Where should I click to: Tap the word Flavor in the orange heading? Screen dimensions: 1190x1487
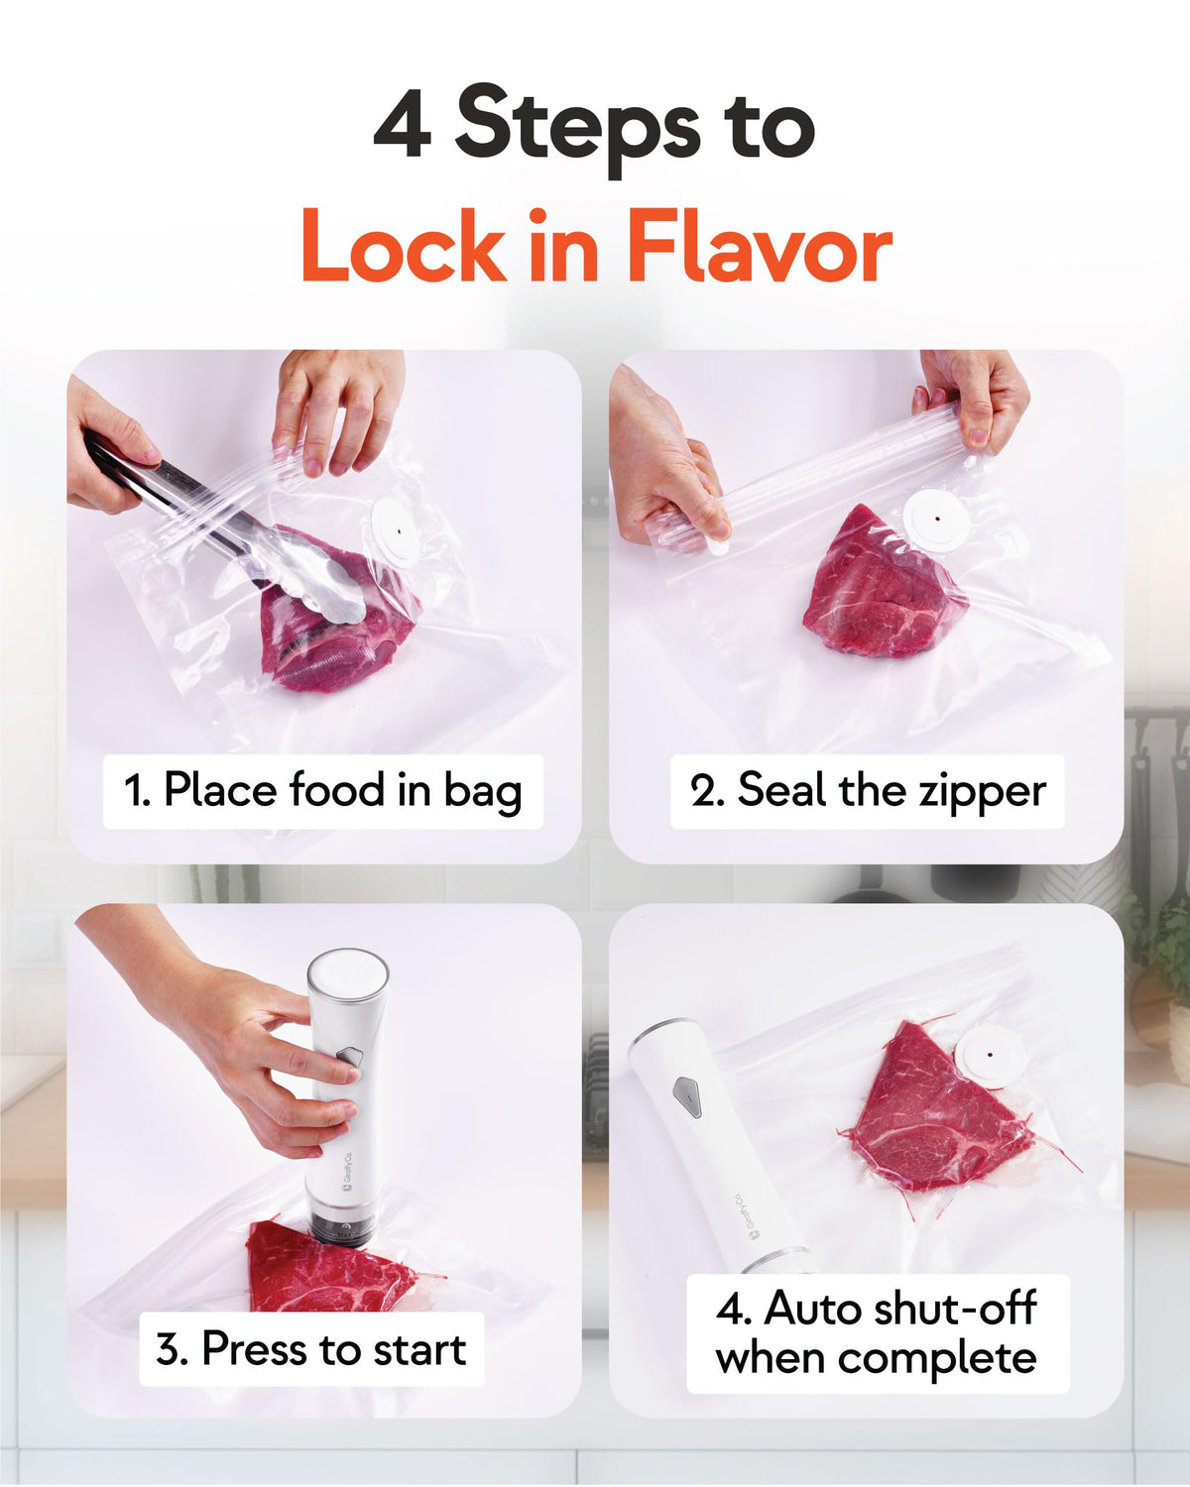760,247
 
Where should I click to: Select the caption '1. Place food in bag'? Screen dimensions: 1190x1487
323,790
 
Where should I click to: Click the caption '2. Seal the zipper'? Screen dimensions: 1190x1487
868,790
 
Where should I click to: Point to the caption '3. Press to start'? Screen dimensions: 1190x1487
311,1349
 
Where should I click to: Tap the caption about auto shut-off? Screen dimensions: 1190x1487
877,1333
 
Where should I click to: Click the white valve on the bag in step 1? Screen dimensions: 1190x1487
397,532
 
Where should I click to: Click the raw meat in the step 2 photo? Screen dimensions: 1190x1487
882,588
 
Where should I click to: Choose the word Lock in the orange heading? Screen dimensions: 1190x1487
404,247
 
